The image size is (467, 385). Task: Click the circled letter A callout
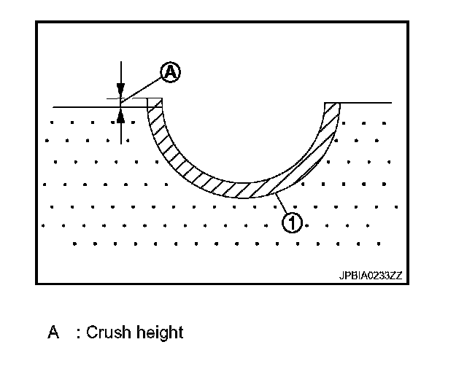[169, 71]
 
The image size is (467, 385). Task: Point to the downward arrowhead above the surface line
[121, 93]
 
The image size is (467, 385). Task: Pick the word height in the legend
[158, 332]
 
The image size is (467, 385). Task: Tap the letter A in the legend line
[53, 333]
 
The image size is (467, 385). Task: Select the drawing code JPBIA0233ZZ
[371, 275]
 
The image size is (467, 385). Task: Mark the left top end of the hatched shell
[154, 103]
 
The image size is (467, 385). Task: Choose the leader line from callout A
[143, 87]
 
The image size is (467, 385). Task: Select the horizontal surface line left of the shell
[80, 106]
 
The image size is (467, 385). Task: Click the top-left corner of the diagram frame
[36, 21]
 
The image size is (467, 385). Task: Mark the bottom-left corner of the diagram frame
[36, 284]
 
